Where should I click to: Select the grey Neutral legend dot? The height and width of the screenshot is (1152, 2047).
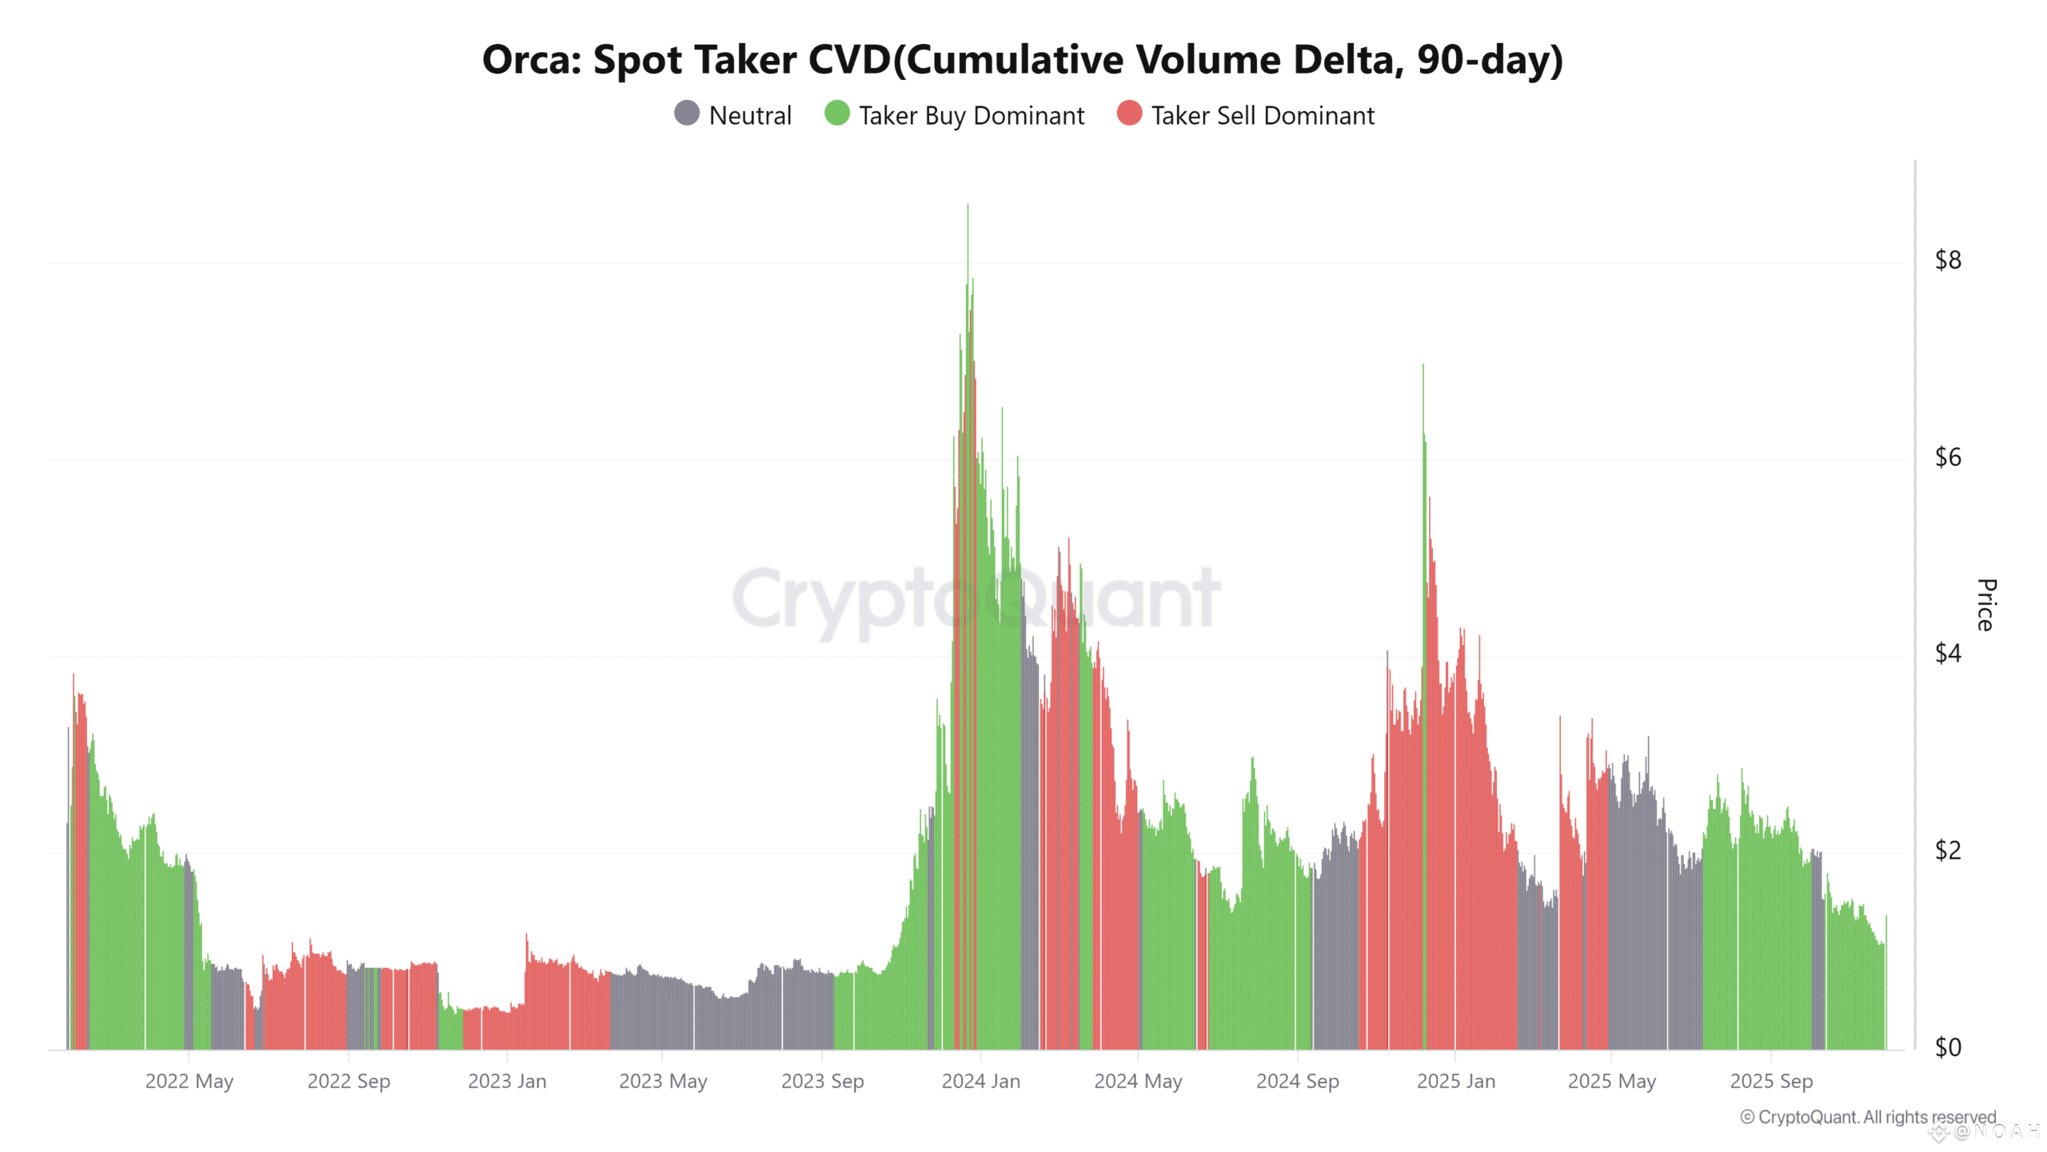coord(687,114)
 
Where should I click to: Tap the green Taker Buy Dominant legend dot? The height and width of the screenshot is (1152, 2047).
coord(837,114)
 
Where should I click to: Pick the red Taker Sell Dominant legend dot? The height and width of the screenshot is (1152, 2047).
coord(1129,114)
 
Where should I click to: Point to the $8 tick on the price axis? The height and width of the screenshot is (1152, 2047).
coord(1948,260)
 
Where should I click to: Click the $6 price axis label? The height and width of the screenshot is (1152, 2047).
coord(1948,457)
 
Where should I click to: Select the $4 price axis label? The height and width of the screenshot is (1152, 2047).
coord(1948,654)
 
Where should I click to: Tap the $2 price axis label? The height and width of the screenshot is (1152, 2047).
coord(1948,850)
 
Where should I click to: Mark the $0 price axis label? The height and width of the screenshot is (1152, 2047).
coord(1948,1047)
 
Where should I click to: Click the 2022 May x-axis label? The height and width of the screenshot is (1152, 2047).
coord(190,1082)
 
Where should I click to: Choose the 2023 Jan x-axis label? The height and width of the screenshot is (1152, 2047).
coord(507,1082)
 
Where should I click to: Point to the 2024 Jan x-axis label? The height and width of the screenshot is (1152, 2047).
coord(981,1082)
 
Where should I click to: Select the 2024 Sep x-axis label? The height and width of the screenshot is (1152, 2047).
coord(1298,1082)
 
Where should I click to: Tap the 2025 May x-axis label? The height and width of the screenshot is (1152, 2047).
coord(1612,1082)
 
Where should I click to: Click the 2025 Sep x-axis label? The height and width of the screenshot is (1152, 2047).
coord(1771,1082)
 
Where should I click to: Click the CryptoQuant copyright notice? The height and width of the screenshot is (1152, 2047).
coord(1868,1117)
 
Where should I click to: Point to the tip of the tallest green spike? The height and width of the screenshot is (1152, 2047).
coord(968,206)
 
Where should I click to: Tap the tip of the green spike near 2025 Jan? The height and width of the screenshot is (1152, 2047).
coord(1423,366)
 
